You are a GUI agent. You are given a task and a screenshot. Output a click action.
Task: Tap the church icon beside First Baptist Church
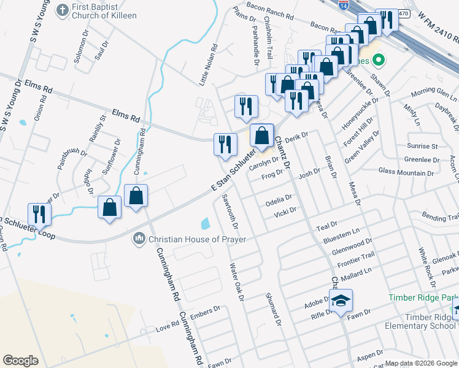pyautogui.click(x=62, y=10)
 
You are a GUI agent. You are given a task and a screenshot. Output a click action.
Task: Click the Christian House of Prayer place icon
pyautogui.click(x=139, y=238)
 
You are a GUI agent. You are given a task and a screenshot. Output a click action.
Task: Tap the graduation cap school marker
pyautogui.click(x=341, y=301)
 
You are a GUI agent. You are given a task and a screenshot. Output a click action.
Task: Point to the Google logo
pyautogui.click(x=20, y=361)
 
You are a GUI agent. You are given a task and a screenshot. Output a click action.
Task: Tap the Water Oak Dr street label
pyautogui.click(x=237, y=282)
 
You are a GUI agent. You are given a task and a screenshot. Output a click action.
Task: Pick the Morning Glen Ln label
pyautogui.click(x=434, y=94)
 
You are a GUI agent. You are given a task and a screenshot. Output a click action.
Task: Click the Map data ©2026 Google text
pyautogui.click(x=421, y=363)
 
